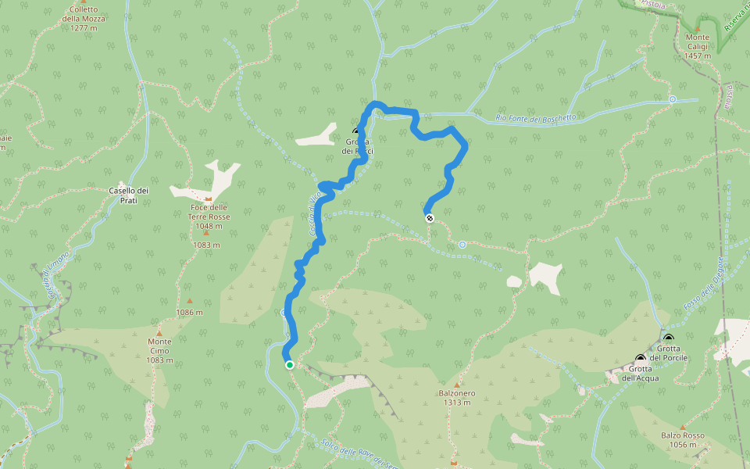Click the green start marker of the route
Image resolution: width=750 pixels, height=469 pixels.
pos(290,364)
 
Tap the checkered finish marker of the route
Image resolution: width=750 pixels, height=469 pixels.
pos(429,218)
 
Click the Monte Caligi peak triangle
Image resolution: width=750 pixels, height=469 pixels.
pos(698,29)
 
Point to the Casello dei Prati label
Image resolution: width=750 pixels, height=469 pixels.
pos(130,195)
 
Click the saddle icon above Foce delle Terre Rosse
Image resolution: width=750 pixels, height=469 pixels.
pos(209,200)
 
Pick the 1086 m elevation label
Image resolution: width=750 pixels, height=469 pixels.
pos(190,312)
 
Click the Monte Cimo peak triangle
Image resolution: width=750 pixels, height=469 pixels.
pos(159,331)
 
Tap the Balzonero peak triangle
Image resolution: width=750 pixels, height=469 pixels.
pos(457,385)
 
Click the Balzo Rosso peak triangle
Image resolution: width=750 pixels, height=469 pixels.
pos(682,427)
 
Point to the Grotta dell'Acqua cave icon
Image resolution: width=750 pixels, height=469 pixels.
pos(641,358)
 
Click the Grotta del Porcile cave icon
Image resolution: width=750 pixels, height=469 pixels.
pos(669,338)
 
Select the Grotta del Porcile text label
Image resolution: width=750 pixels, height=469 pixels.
pos(672,353)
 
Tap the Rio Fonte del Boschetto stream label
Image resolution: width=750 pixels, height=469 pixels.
pos(536,118)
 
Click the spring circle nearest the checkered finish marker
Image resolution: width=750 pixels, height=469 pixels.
pos(462,245)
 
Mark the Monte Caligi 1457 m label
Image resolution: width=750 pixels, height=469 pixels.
pos(698,46)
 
